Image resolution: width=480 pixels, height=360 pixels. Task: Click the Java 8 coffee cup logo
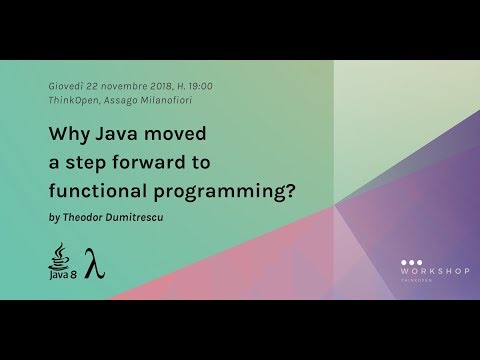click(x=61, y=261)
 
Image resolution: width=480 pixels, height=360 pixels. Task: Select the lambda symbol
click(x=95, y=263)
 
